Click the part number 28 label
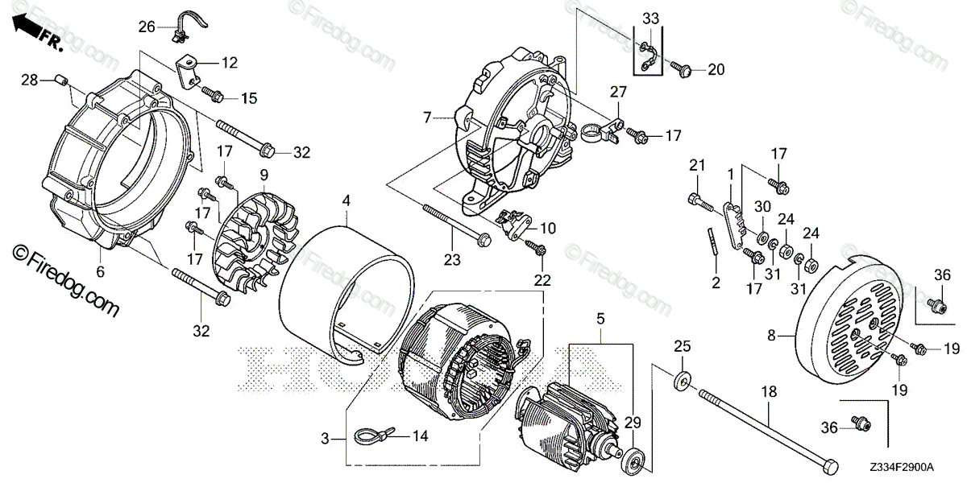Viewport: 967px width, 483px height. tap(29, 79)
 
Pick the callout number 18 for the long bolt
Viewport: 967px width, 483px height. tap(769, 391)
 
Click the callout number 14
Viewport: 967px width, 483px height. tap(419, 436)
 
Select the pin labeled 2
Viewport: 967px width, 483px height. tap(712, 241)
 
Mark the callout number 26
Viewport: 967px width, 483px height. tap(146, 27)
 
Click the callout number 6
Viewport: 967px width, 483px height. tap(101, 272)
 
